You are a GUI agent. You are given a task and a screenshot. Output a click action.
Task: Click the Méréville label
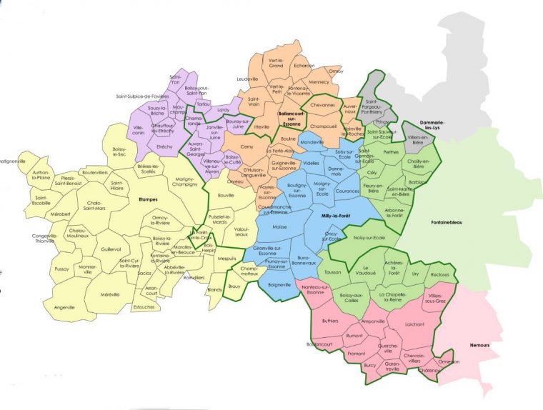[x=110, y=294]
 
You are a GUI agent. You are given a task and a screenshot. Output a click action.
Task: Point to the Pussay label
[x=62, y=269]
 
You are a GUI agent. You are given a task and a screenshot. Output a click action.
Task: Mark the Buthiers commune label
[x=330, y=321]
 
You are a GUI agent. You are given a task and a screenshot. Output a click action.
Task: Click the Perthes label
[x=392, y=152]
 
